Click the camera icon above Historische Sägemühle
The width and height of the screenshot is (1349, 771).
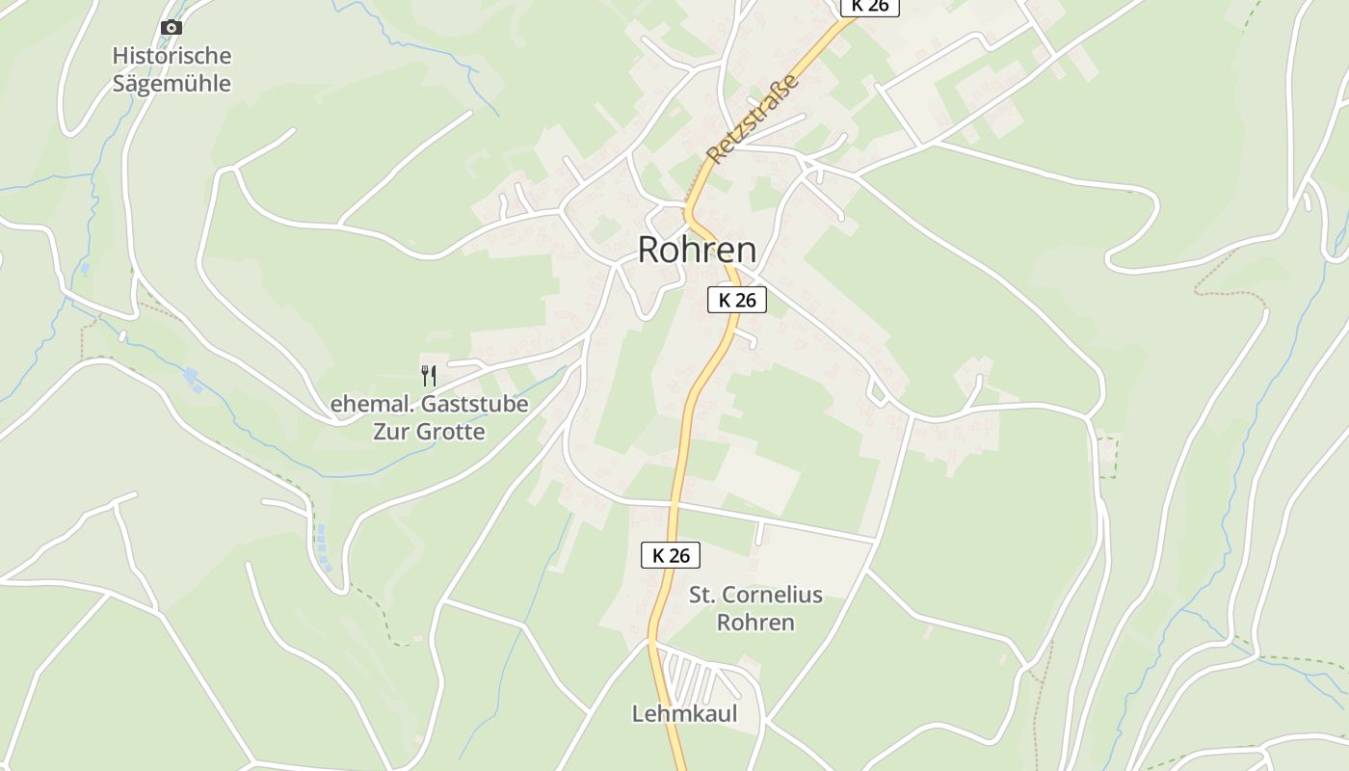tap(172, 27)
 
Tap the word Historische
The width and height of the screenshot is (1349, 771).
tap(172, 55)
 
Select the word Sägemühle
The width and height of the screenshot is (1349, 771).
tap(172, 83)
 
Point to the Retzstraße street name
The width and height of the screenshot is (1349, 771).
tap(754, 119)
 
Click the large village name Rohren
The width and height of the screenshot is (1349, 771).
tap(697, 250)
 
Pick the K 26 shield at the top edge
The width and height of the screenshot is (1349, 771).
tap(869, 6)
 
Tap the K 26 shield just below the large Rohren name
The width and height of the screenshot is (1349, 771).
tap(737, 300)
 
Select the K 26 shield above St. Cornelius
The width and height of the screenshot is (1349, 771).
tap(671, 555)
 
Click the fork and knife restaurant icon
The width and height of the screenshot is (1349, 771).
tap(429, 375)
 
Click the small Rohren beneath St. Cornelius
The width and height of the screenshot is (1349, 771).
tap(755, 622)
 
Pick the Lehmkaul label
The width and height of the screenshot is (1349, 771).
tap(684, 713)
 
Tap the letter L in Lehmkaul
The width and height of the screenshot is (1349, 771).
tap(638, 713)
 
